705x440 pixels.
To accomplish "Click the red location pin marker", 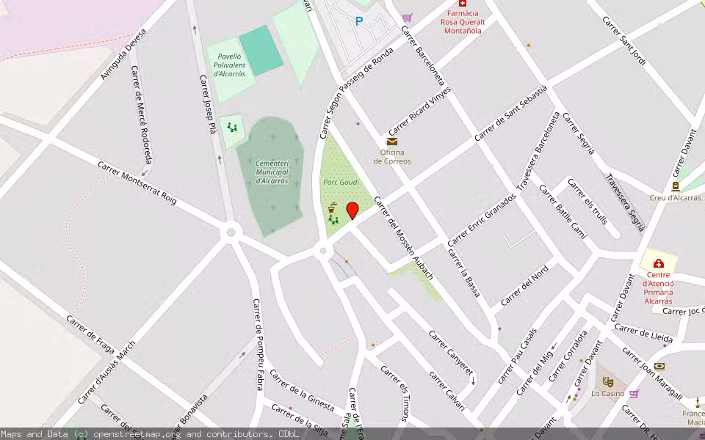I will [352, 211].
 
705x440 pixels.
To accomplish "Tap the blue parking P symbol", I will [359, 21].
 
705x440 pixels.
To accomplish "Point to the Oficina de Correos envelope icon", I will [391, 142].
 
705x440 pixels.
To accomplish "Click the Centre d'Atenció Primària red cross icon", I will [659, 263].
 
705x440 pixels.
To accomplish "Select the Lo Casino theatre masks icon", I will [607, 381].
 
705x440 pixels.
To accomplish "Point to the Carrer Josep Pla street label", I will [209, 104].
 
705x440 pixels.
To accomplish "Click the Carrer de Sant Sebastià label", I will [511, 113].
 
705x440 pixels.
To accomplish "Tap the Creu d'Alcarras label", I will [675, 198].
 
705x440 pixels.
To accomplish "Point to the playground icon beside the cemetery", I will [232, 128].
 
